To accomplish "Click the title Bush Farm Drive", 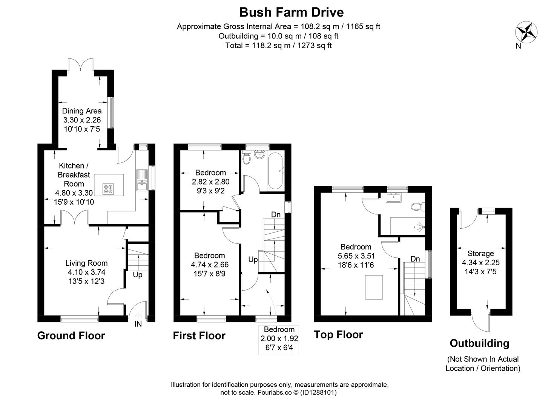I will pyautogui.click(x=292, y=12).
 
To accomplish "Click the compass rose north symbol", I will pyautogui.click(x=526, y=32).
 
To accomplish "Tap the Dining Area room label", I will pyautogui.click(x=82, y=111).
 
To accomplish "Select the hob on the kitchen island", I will pyautogui.click(x=109, y=188).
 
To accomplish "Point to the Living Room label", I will pyautogui.click(x=86, y=263).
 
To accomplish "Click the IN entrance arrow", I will pyautogui.click(x=138, y=319).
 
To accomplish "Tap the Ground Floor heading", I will pyautogui.click(x=71, y=335).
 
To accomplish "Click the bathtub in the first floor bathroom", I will pyautogui.click(x=275, y=171).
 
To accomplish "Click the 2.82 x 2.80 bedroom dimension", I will pyautogui.click(x=210, y=181).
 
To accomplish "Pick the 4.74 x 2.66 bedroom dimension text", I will pyautogui.click(x=210, y=265).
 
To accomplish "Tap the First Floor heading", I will pyautogui.click(x=199, y=335).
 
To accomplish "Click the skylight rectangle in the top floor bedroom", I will pyautogui.click(x=374, y=287).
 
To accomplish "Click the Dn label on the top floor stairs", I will pyautogui.click(x=415, y=259).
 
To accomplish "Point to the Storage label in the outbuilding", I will pyautogui.click(x=480, y=254).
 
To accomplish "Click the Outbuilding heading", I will pyautogui.click(x=479, y=343).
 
